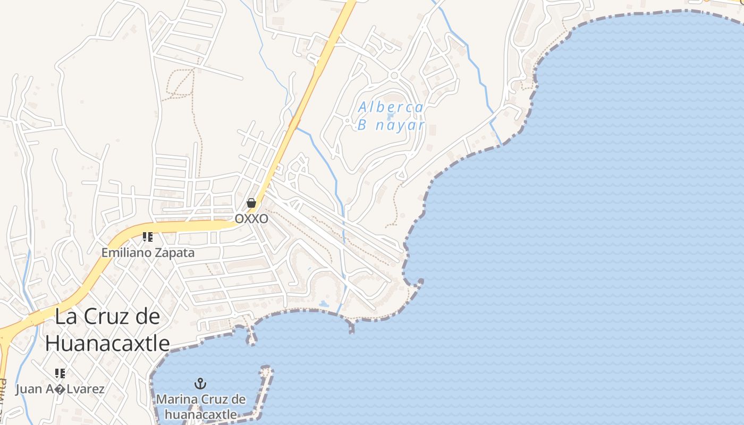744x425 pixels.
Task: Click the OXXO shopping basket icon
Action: tap(251, 203)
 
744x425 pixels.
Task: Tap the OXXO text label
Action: tap(251, 219)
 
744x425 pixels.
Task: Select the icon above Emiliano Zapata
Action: tap(148, 237)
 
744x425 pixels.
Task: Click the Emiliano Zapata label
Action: tap(148, 253)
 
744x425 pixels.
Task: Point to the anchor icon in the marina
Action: tap(200, 384)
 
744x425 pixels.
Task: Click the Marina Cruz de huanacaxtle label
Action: tap(200, 406)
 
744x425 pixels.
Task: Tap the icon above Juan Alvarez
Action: tap(60, 373)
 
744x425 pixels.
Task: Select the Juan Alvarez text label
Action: tap(60, 389)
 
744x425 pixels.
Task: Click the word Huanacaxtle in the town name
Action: tap(107, 344)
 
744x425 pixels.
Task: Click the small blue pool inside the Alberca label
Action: tap(391, 116)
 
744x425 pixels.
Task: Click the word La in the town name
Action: tap(64, 317)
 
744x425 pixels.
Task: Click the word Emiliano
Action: tap(126, 253)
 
